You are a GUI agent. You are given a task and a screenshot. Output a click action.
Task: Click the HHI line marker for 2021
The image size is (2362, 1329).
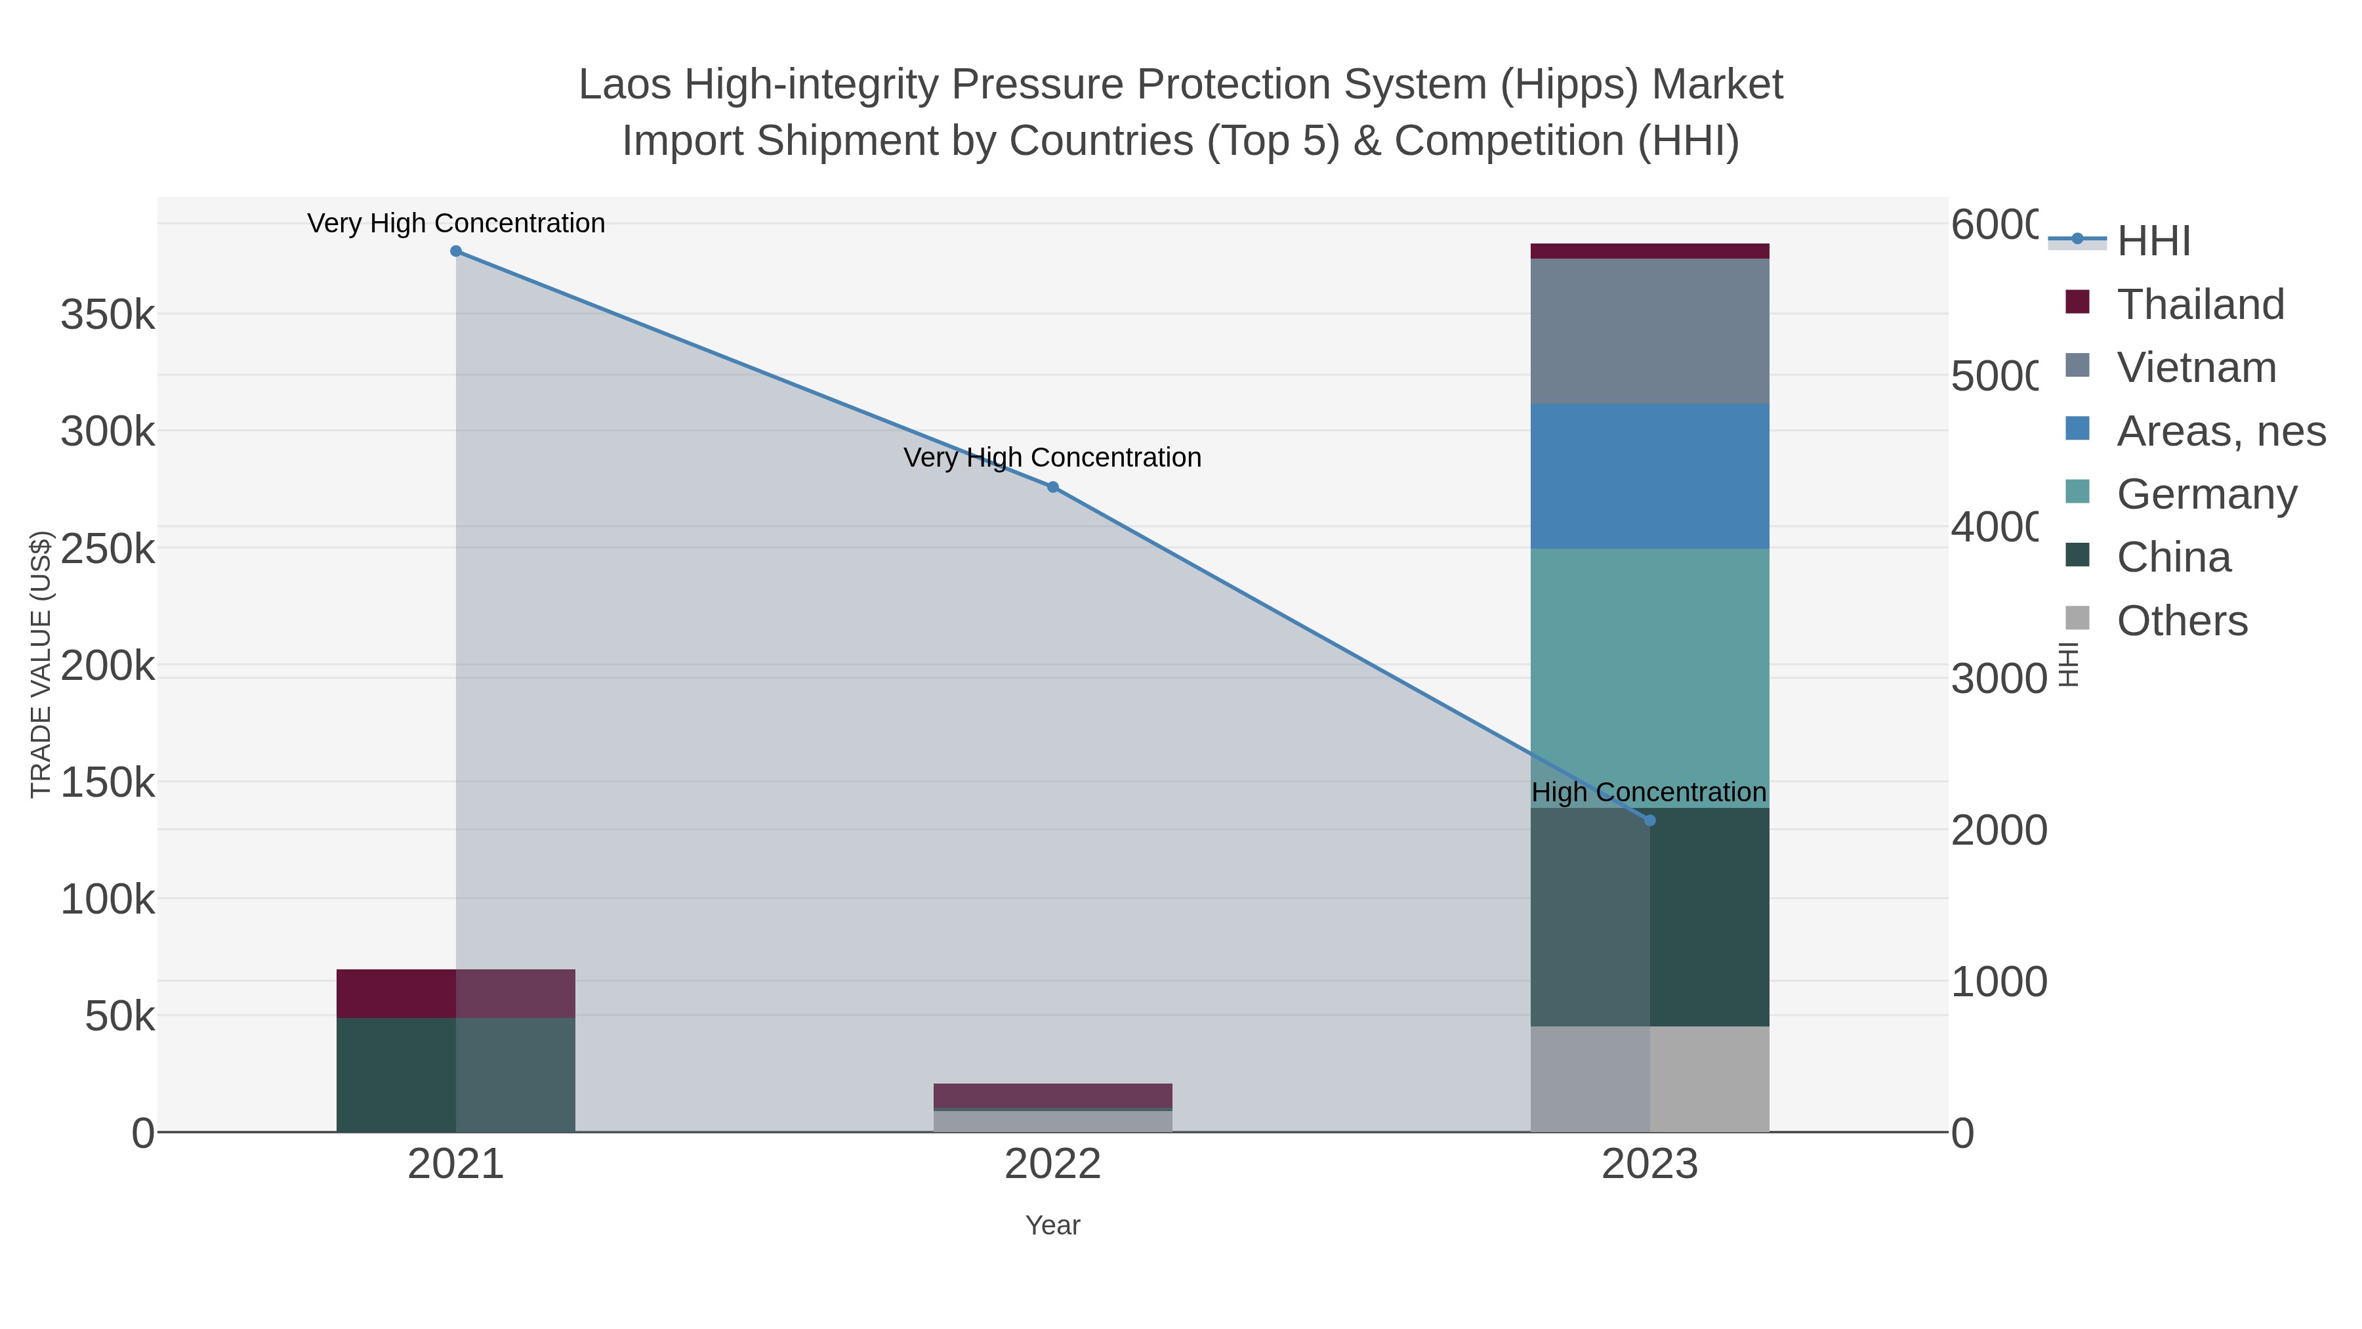(456, 251)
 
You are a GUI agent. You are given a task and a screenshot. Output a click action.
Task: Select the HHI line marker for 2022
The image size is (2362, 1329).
(1052, 487)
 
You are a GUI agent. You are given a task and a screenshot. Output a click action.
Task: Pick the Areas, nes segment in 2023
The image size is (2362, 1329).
(1649, 476)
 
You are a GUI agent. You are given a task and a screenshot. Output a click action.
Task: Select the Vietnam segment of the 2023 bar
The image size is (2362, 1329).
(1649, 331)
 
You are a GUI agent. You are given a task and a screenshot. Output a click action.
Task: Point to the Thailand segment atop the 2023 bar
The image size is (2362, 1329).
(1649, 251)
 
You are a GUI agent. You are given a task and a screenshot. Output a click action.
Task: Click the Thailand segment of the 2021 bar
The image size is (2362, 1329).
(456, 994)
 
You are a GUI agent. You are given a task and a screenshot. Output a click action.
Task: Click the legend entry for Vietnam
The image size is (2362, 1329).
(2196, 368)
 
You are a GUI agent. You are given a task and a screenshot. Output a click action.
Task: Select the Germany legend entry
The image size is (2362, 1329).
(2206, 494)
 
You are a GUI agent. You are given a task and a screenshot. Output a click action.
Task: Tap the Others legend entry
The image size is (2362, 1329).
(2182, 621)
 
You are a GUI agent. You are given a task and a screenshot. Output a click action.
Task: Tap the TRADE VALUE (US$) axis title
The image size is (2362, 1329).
(41, 664)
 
